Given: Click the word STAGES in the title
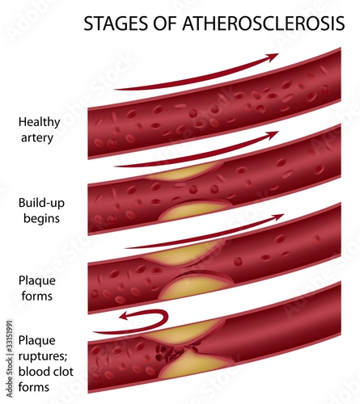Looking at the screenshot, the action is pyautogui.click(x=116, y=23).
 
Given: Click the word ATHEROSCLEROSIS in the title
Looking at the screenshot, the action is pyautogui.click(x=264, y=23).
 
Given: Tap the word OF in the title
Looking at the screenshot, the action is pyautogui.click(x=165, y=23).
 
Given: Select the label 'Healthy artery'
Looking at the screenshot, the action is pyautogui.click(x=39, y=130).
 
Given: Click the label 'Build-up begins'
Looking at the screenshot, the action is pyautogui.click(x=41, y=210).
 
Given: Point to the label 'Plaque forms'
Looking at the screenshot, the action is pyautogui.click(x=37, y=288).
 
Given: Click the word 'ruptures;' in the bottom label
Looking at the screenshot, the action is pyautogui.click(x=43, y=357).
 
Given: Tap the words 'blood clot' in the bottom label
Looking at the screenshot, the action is pyautogui.click(x=46, y=372).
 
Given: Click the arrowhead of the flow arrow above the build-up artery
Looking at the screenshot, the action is pyautogui.click(x=272, y=135).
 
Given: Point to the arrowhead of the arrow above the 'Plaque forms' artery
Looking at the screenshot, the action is pyautogui.click(x=277, y=217).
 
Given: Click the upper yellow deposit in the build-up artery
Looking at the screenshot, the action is pyautogui.click(x=184, y=172).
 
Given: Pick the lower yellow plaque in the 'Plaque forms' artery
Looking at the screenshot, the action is pyautogui.click(x=194, y=288).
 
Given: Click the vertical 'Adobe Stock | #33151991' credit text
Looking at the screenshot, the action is pyautogui.click(x=10, y=359).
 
